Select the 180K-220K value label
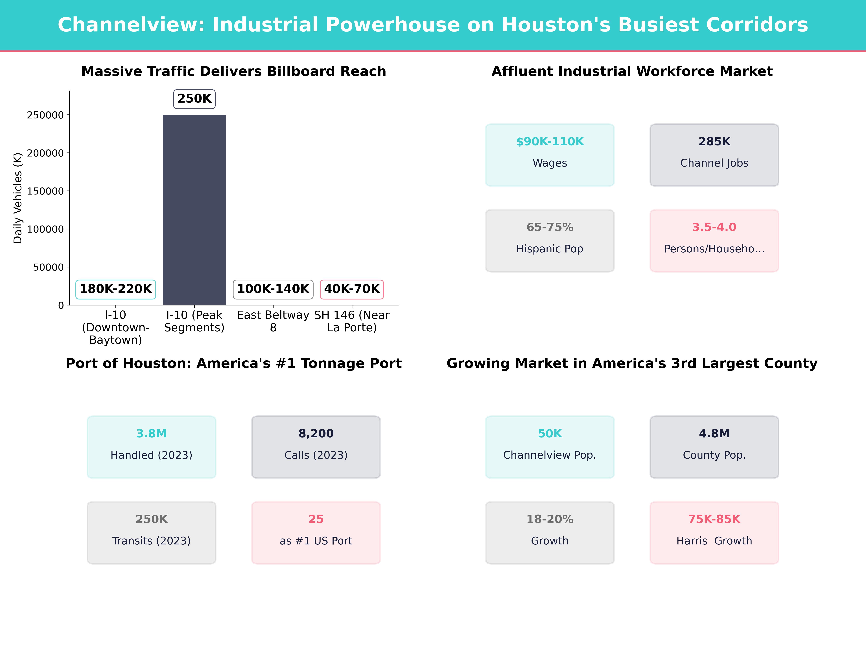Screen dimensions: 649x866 [115, 289]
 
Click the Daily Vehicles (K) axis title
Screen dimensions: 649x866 [18, 198]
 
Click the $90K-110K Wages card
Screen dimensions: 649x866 [550, 155]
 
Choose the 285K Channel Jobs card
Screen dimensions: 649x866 [714, 155]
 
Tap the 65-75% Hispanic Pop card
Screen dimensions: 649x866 [550, 241]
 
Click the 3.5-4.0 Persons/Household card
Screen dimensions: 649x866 [714, 241]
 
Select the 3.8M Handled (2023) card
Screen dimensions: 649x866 [152, 447]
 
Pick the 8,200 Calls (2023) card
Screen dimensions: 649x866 [316, 447]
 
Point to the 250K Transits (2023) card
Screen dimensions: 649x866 [152, 532]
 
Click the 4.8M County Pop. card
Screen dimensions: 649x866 [714, 447]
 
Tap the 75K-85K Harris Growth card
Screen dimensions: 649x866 [714, 532]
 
